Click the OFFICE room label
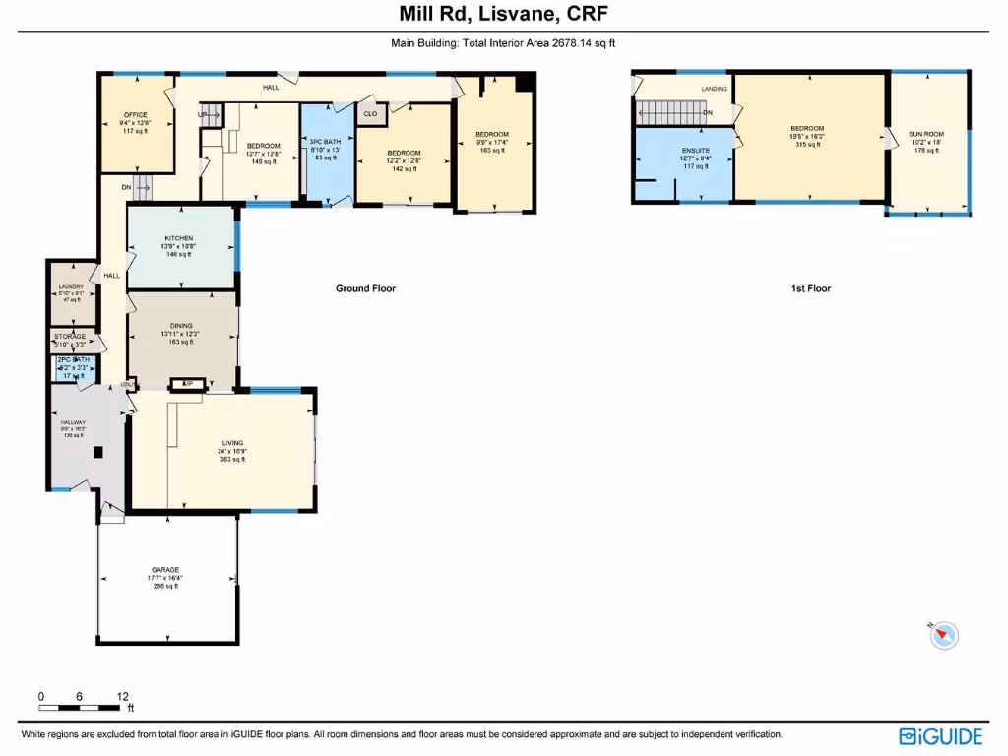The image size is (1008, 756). coord(134,114)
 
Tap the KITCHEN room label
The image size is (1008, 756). coord(178,239)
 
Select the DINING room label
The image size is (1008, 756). coord(181,325)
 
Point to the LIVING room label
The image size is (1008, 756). coord(232,443)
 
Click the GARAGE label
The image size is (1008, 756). coord(165,570)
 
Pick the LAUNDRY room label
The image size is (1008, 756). coord(71,286)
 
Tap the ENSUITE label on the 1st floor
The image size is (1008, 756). coord(695,151)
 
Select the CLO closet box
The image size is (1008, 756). coord(370,114)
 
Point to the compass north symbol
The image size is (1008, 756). coord(943,635)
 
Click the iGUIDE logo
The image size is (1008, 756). coord(940,736)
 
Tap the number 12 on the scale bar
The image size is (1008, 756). coord(123,696)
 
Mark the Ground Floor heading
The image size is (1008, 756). coord(365,288)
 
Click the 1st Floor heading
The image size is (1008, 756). coord(811,288)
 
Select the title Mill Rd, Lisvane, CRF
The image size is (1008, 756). coord(503,14)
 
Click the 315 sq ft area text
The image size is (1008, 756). coord(807,144)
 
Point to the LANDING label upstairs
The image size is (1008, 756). coord(715,89)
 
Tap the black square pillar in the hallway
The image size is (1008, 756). coord(97,453)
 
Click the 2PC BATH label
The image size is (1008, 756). coord(73,360)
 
